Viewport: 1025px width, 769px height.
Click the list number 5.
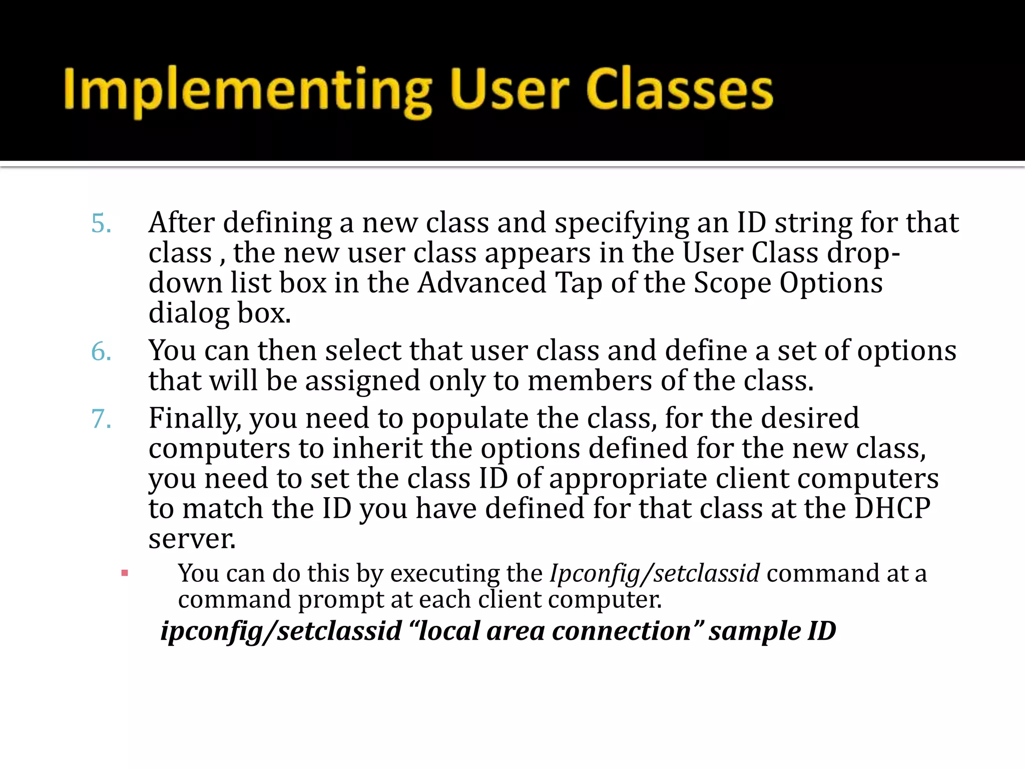(x=101, y=223)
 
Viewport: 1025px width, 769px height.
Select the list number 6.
(x=101, y=351)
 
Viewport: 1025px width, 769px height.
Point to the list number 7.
(x=101, y=419)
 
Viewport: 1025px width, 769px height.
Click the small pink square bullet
(x=125, y=573)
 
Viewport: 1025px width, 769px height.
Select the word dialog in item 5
(x=189, y=314)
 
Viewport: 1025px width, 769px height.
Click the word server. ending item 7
(x=192, y=539)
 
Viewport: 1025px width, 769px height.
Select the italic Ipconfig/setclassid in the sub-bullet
(x=655, y=573)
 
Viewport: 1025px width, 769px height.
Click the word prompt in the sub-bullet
(x=340, y=600)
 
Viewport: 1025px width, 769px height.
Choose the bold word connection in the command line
(x=628, y=631)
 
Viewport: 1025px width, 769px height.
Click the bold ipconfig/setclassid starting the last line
(x=281, y=631)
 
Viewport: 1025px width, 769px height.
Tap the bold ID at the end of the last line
(x=821, y=631)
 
